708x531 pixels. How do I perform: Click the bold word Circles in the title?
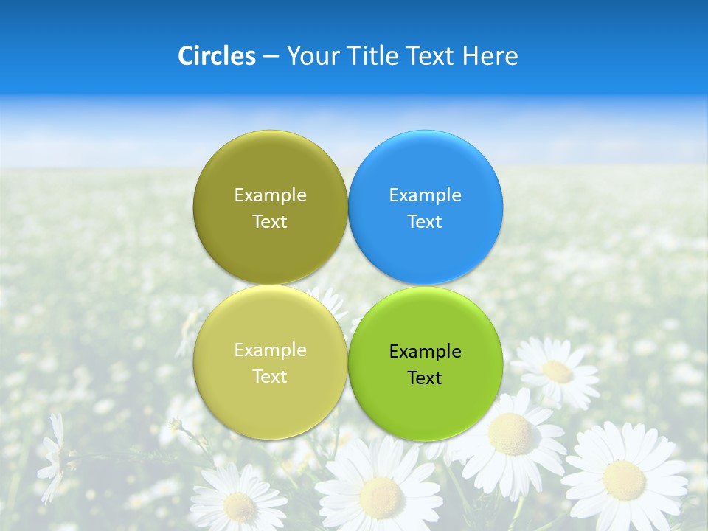[217, 56]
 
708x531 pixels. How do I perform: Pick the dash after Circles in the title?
[271, 57]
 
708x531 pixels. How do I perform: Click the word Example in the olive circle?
[270, 195]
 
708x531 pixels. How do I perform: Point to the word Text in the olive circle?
[270, 221]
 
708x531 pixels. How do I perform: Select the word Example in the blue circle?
[426, 195]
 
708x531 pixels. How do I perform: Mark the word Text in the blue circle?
[426, 221]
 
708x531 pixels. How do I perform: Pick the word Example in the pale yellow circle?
[270, 350]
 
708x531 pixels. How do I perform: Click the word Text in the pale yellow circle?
[270, 376]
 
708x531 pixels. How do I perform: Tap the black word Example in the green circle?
[426, 351]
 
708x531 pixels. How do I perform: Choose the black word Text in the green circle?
[426, 378]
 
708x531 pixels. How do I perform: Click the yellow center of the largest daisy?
[624, 479]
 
